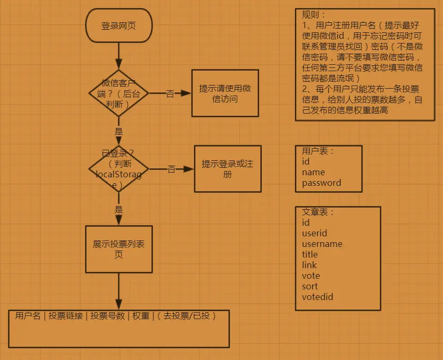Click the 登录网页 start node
pos(118,25)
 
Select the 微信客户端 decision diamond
pos(118,93)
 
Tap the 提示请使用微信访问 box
pos(225,93)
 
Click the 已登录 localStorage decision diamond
pos(118,169)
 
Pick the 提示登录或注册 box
pos(227,169)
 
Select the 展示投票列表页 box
pos(118,248)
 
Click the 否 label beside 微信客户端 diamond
pos(170,94)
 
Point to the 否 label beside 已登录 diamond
pos(172,169)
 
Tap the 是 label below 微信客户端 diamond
pos(118,131)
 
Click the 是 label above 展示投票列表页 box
pos(118,209)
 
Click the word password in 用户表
pos(321,183)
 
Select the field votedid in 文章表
pos(317,297)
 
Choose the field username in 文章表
pos(322,244)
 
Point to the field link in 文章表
pos(309,265)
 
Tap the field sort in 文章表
pos(310,286)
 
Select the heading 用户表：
pos(318,151)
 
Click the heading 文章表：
pos(318,212)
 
